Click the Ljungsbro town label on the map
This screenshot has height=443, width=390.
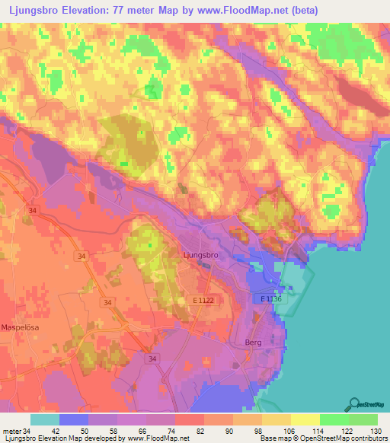coord(201,256)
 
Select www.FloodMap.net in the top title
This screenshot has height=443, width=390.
coord(247,11)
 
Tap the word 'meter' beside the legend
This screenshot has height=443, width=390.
coord(11,430)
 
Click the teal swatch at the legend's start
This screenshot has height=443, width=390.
coord(45,419)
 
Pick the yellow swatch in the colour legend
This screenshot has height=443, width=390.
coord(305,419)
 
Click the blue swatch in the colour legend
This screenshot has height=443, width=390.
coord(74,419)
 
